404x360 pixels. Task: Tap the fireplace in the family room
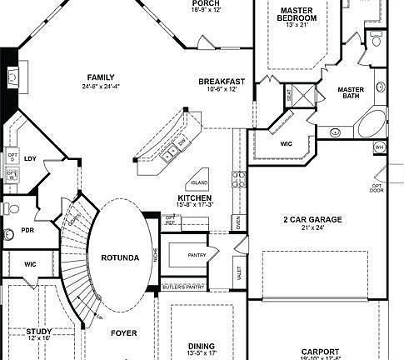[x=12, y=77]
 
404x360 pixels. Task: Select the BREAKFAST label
[x=222, y=81]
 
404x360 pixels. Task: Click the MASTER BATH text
[x=354, y=93]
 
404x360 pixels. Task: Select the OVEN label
[x=237, y=222]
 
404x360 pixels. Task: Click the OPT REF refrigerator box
[x=170, y=221]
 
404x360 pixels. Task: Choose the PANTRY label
[x=197, y=256]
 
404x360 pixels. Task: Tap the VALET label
[x=239, y=271]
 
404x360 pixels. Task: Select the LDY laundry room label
[x=31, y=157]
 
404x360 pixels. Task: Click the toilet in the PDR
[x=8, y=209]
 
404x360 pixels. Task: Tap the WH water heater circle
[x=379, y=147]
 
